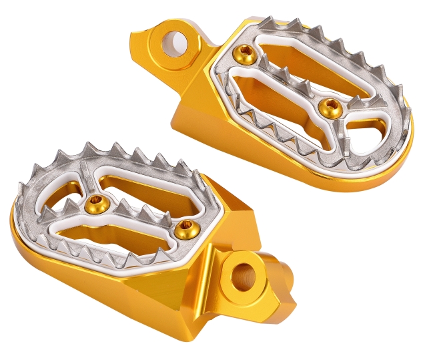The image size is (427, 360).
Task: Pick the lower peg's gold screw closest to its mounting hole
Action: (181, 230)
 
